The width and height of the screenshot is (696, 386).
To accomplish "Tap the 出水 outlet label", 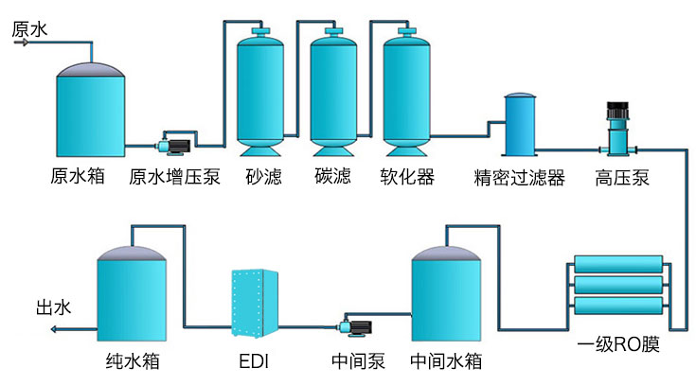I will point(53,307).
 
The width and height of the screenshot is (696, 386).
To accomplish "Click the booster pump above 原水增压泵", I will point(174,146).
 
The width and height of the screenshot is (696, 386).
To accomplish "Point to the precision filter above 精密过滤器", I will point(519,125).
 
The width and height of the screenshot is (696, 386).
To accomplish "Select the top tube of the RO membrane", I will point(617,265).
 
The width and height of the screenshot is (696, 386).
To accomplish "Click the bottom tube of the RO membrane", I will point(617,305).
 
